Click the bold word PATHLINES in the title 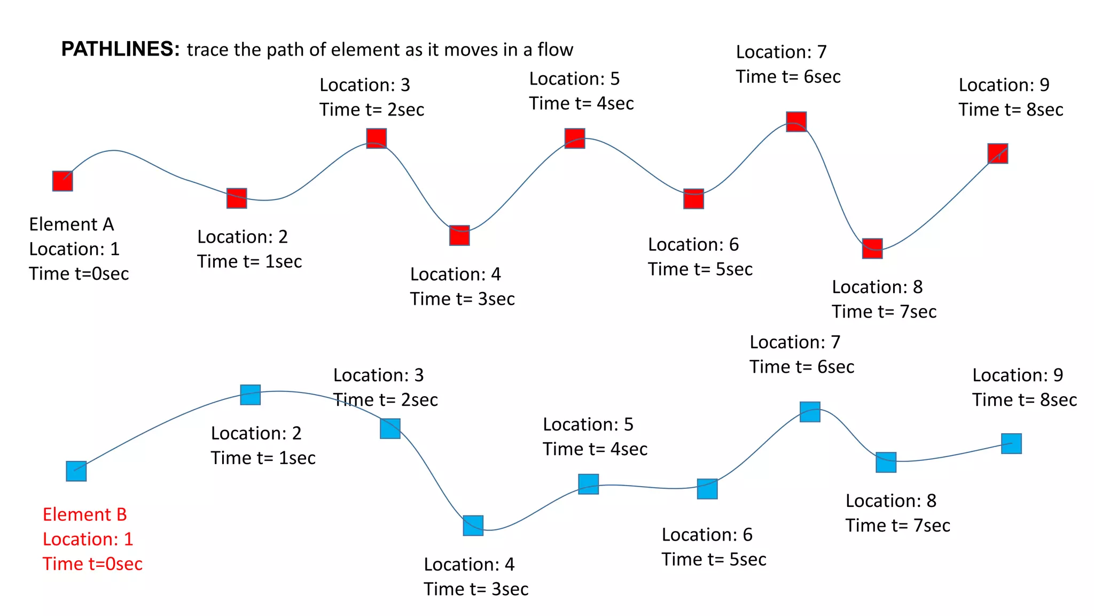(120, 49)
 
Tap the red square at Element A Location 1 (62, 181)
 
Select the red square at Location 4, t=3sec (459, 235)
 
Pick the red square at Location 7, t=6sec (796, 121)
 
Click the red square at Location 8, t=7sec (872, 248)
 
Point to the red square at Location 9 (997, 153)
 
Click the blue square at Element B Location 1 (76, 471)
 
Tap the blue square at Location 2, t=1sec (251, 395)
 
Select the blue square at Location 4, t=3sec (473, 525)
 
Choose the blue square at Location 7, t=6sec (810, 412)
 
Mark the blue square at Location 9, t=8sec (1011, 443)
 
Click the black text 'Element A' (72, 224)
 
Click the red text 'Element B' (85, 514)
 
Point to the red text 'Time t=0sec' (92, 564)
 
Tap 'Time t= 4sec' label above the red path (581, 103)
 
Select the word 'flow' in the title (555, 50)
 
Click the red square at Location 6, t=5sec (693, 198)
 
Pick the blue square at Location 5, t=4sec (588, 484)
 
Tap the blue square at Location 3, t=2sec (390, 428)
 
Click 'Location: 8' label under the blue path (890, 500)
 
